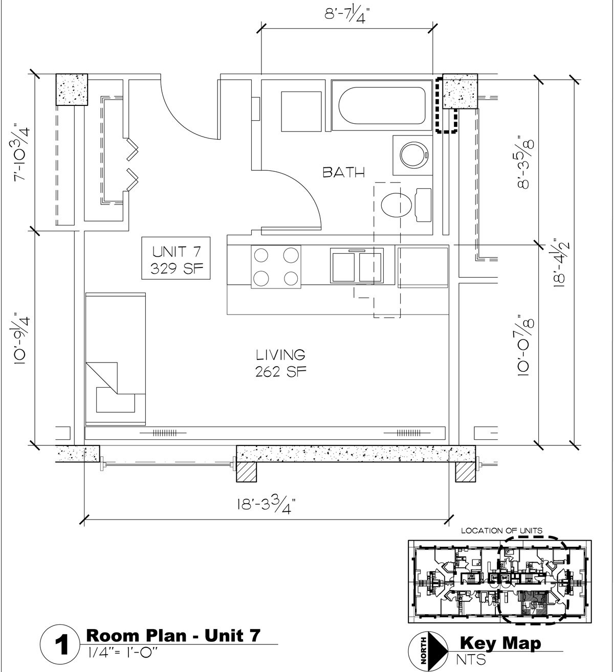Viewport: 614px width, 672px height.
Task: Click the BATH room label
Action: pos(343,172)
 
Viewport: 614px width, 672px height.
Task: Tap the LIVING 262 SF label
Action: pos(280,362)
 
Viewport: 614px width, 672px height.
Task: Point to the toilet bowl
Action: pos(397,205)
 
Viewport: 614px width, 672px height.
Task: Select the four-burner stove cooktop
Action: pos(275,266)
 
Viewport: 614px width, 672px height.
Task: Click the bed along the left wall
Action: pos(116,359)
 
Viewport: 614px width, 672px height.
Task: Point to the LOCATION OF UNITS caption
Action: pos(501,531)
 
